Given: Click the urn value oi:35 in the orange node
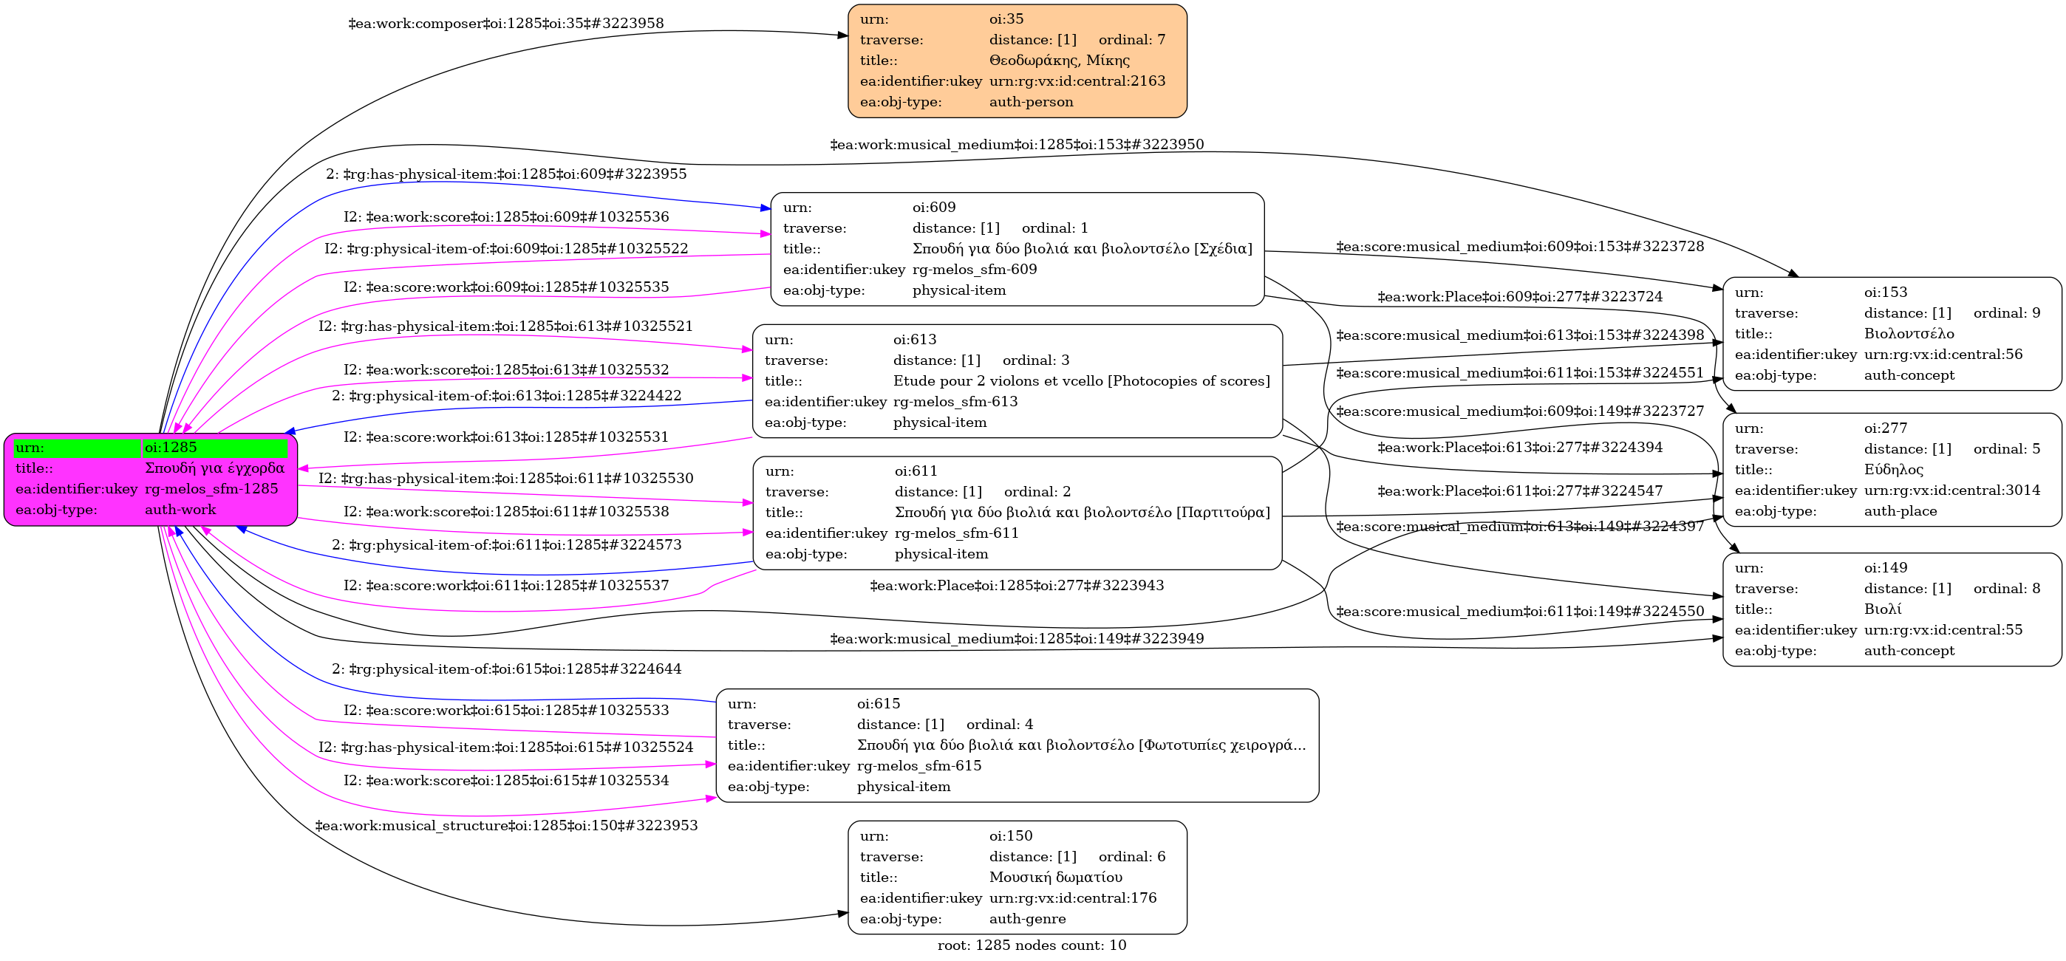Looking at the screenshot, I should coord(1006,19).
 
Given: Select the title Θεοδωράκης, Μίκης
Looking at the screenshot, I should coord(1059,61).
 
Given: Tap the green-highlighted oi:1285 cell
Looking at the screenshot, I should coord(215,447).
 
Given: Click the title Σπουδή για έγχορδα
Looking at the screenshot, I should coord(214,468).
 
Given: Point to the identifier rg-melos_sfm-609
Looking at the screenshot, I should coord(975,270).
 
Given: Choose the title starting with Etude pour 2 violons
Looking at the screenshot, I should coord(1081,380).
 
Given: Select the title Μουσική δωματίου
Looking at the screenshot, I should coord(1055,877).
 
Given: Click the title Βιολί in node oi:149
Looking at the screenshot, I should coord(1882,609).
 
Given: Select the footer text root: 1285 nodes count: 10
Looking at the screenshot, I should coord(1032,945).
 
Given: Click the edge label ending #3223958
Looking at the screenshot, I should coord(506,23).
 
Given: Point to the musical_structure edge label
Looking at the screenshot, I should coord(506,826).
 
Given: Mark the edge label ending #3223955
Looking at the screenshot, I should coord(506,174).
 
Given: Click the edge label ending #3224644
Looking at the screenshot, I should coord(506,668).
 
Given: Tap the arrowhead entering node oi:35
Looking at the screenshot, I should coord(843,35).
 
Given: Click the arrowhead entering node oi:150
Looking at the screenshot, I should coord(843,914).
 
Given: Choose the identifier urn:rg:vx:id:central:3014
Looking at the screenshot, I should coord(1951,490).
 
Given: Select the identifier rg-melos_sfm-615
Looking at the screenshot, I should coord(919,765).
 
